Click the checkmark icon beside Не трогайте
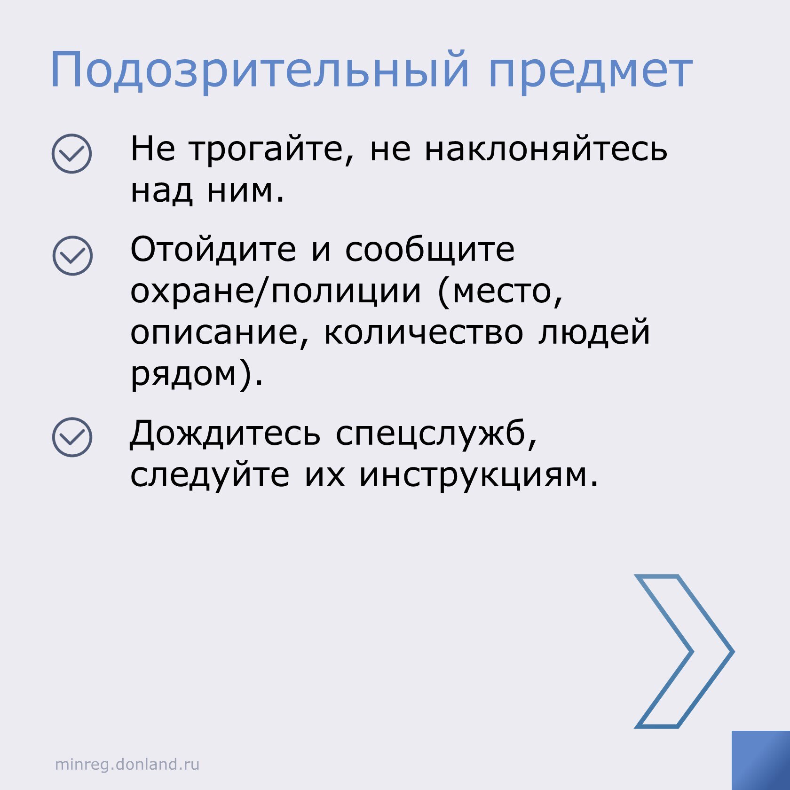pos(71,154)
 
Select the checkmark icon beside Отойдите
pos(72,255)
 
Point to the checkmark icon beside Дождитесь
pos(72,437)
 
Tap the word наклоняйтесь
pos(546,150)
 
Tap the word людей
pos(594,332)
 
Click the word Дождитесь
pos(225,433)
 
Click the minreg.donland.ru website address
pos(127,764)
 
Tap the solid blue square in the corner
pos(761,760)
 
